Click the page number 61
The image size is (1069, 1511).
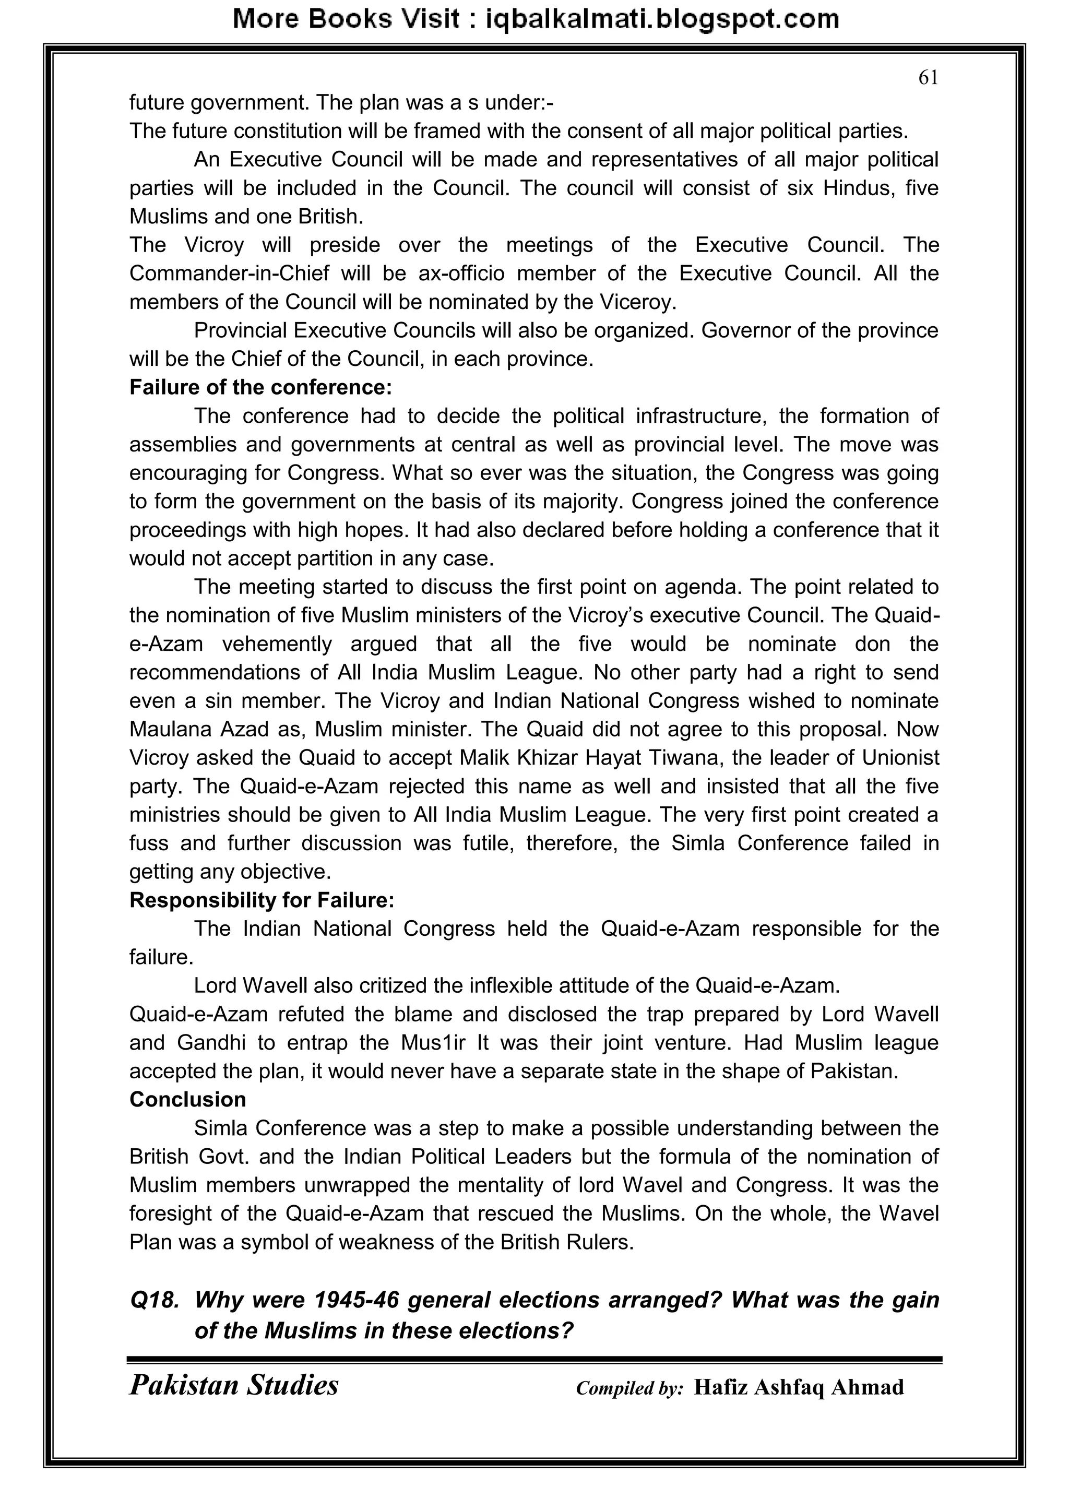click(x=928, y=78)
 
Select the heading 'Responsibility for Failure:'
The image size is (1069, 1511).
click(x=262, y=900)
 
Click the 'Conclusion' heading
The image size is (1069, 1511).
click(x=187, y=1099)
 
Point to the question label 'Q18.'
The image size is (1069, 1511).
click(x=155, y=1300)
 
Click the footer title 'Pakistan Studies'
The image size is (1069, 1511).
click(x=234, y=1385)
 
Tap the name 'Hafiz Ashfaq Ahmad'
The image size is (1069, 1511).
click(x=799, y=1387)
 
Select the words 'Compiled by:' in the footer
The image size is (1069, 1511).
click(x=629, y=1388)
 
